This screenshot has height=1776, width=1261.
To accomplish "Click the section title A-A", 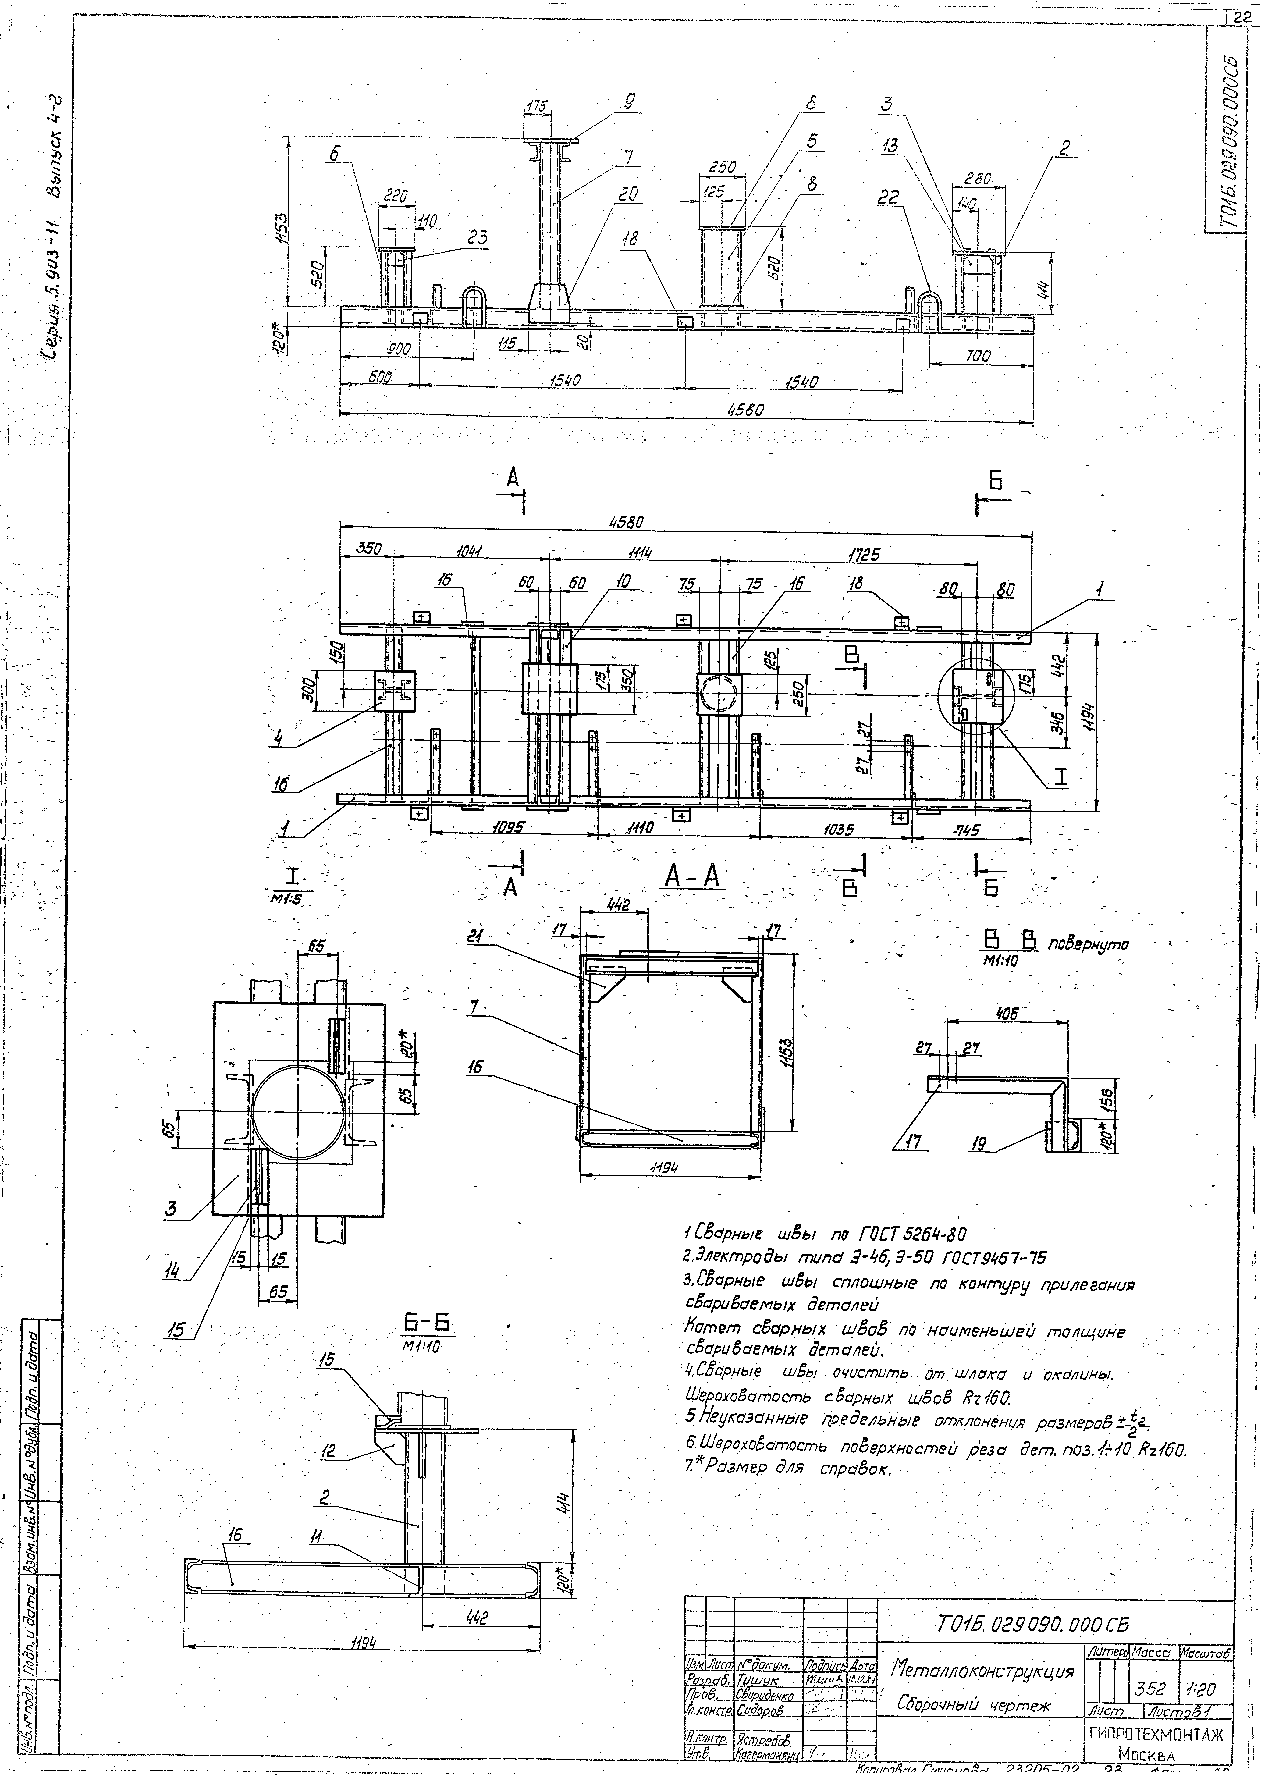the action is point(693,878).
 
